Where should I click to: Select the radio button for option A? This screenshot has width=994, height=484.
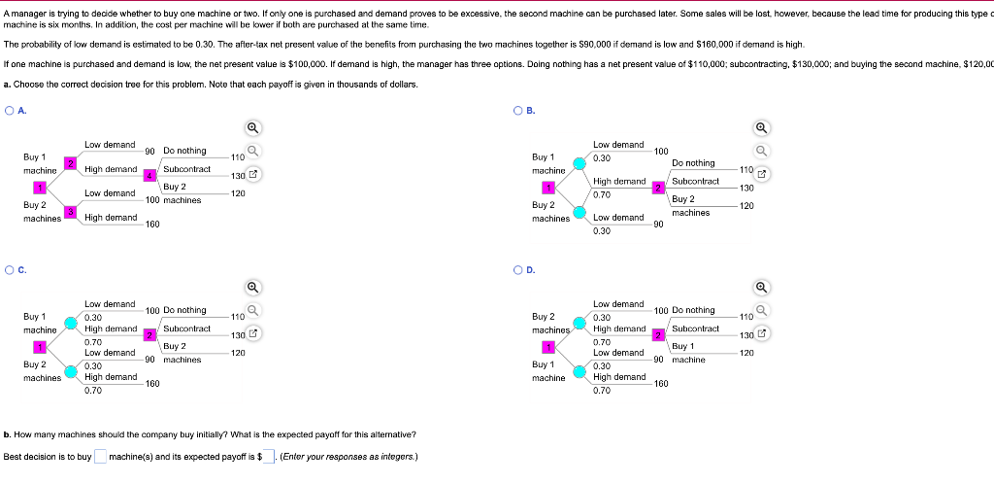point(9,111)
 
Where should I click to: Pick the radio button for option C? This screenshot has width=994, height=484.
point(9,270)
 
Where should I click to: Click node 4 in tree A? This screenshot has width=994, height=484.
point(149,176)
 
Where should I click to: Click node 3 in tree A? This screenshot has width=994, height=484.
point(70,211)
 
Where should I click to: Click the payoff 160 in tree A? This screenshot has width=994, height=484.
point(152,225)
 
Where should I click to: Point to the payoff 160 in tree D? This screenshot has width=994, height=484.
point(662,384)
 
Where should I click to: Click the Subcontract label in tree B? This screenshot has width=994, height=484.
point(695,182)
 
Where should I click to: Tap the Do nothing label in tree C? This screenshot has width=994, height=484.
point(184,310)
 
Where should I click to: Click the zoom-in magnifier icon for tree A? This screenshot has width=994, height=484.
point(252,127)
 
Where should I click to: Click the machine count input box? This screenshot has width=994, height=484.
point(100,457)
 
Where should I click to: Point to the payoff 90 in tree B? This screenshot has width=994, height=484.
point(659,225)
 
